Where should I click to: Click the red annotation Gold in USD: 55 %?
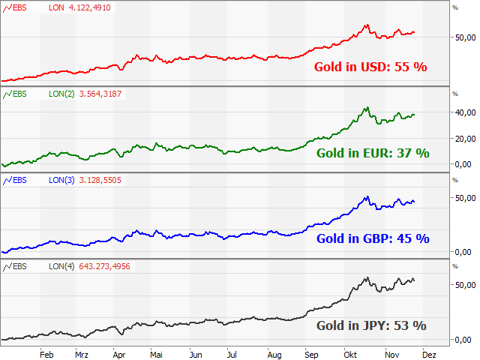370,67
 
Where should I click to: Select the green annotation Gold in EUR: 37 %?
372,153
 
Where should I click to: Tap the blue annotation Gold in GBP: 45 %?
372,239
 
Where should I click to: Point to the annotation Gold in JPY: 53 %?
370,325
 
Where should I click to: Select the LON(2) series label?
61,94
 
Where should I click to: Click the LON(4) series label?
61,266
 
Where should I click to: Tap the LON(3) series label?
61,180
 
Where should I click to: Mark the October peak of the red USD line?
367,25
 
